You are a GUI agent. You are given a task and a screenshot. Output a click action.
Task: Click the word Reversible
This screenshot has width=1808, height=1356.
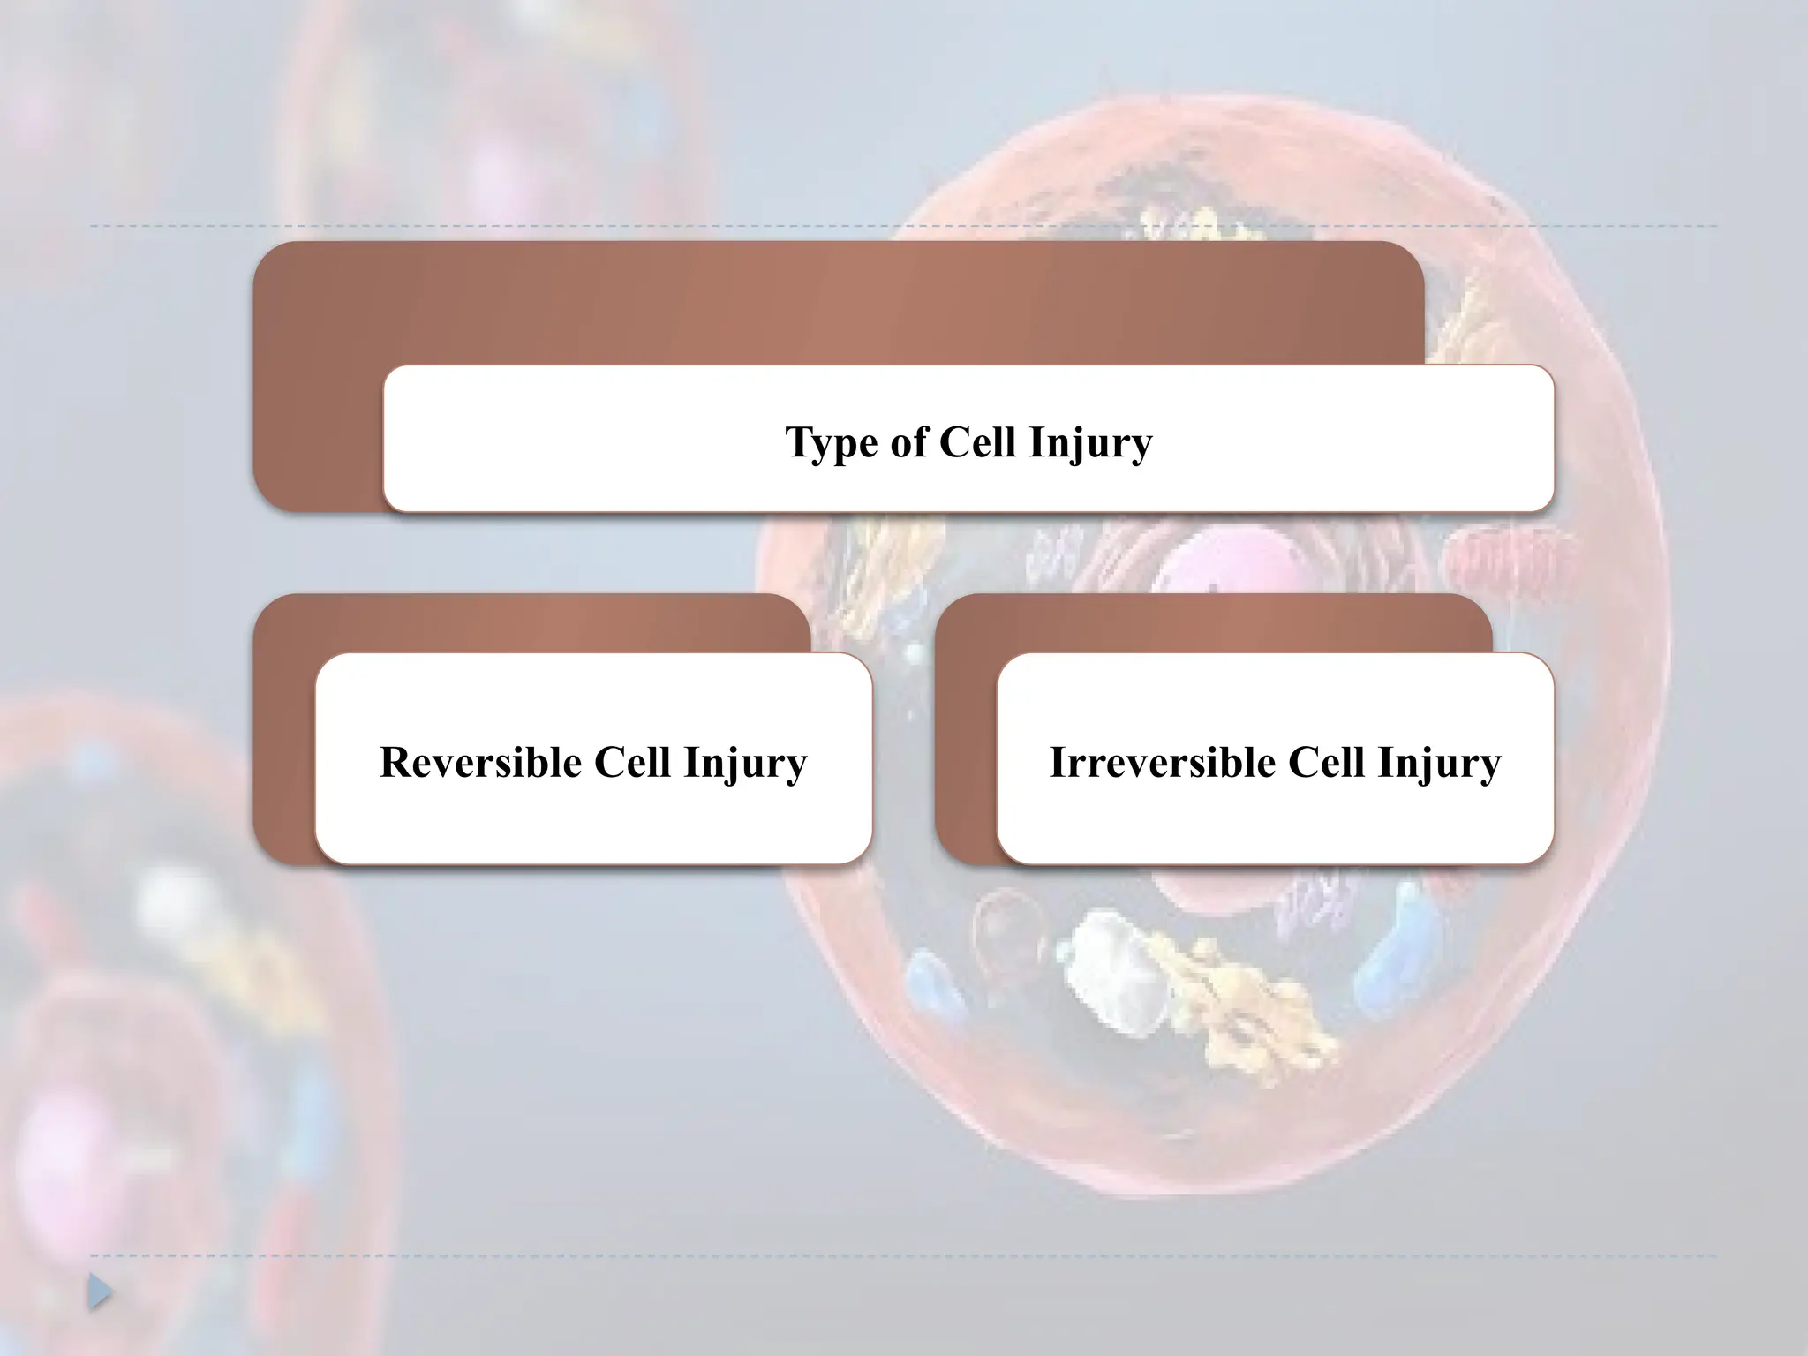(x=480, y=762)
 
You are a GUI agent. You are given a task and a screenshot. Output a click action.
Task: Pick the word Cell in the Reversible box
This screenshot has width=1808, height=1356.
(x=632, y=762)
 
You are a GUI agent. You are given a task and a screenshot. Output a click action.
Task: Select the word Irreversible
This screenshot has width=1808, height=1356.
(x=1163, y=762)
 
